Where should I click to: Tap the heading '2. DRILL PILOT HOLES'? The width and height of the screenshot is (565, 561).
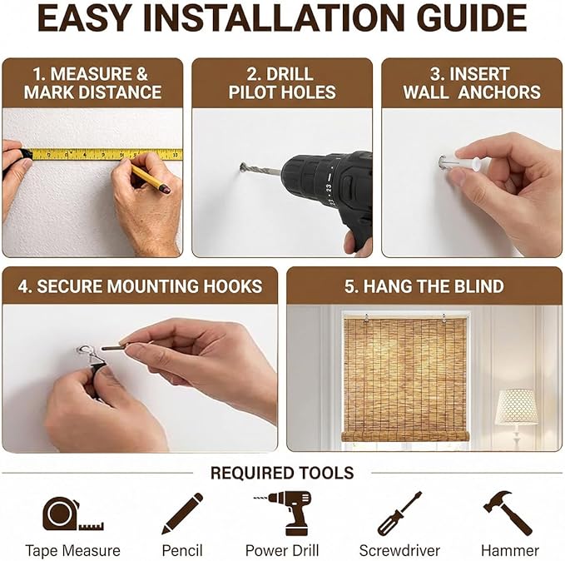(282, 83)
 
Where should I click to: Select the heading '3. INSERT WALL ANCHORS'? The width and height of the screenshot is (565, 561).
(472, 83)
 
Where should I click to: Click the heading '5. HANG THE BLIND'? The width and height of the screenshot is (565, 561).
(424, 286)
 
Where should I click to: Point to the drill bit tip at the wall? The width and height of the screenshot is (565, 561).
(242, 166)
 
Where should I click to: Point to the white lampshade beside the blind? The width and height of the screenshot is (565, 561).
(517, 407)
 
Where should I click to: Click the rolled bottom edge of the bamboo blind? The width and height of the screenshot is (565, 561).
(405, 436)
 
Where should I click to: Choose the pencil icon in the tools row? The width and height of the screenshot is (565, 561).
(182, 514)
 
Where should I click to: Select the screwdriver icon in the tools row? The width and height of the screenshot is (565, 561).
(399, 514)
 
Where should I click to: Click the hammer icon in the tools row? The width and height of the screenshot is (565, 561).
(508, 513)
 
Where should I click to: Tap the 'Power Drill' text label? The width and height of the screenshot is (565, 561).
(282, 551)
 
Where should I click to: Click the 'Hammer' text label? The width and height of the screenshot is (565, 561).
(510, 551)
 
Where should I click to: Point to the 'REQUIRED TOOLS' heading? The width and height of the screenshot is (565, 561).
(282, 473)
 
